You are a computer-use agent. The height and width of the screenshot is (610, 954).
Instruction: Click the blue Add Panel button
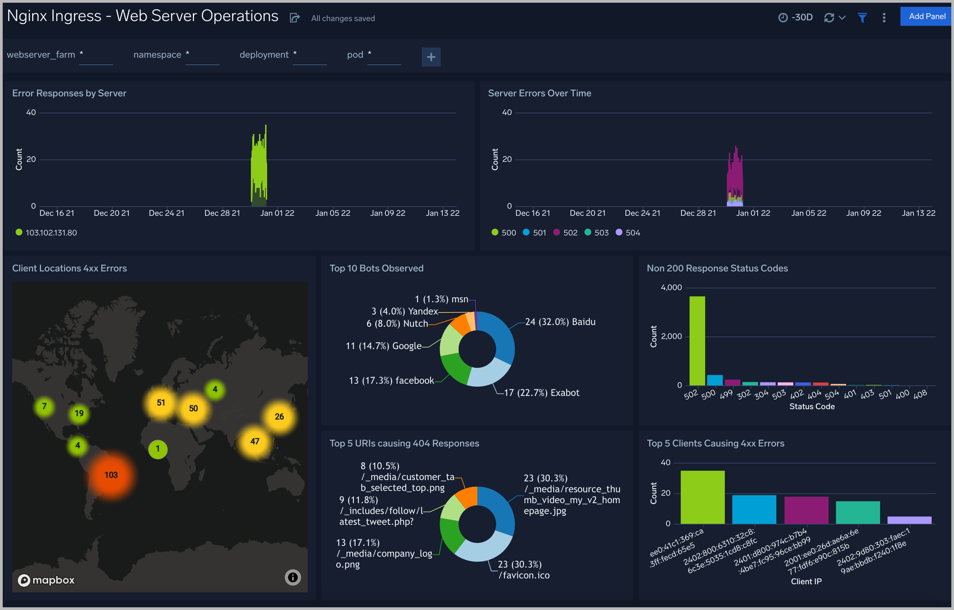point(926,16)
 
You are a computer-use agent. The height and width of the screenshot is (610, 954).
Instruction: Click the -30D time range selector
point(796,17)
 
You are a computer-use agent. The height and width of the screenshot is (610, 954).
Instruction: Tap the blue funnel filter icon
point(862,17)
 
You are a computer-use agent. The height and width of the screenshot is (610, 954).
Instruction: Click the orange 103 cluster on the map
point(111,475)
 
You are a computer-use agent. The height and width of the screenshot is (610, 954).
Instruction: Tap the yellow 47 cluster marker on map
point(255,441)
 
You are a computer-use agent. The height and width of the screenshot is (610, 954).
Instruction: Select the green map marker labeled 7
point(44,406)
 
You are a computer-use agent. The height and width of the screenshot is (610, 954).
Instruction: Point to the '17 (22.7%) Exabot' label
point(541,393)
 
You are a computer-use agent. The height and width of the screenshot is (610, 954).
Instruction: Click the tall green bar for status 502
point(697,341)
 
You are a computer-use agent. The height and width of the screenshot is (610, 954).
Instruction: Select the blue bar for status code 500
point(715,380)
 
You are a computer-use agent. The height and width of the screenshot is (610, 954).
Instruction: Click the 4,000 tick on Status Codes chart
point(671,288)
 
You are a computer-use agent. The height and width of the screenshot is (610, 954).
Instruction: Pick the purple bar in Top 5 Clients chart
point(806,510)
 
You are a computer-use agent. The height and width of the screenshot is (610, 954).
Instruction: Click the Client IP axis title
point(806,582)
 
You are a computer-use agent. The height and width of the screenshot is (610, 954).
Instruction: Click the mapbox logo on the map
point(46,580)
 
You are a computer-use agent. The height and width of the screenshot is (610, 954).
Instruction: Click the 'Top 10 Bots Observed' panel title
point(376,268)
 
